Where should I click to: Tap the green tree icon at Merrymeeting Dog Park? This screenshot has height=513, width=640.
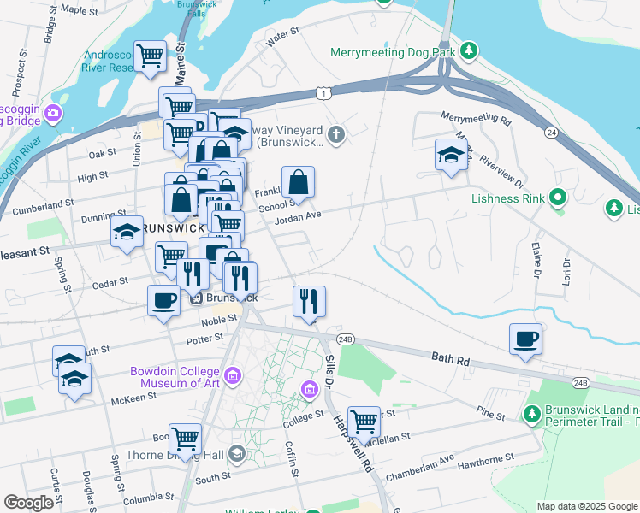coord(468,51)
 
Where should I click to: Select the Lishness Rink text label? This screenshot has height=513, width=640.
coord(508,199)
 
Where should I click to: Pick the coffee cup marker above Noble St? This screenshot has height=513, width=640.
coord(163,300)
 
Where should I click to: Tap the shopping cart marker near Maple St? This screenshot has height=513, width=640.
coord(150,56)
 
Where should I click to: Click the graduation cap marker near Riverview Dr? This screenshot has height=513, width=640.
coord(450,155)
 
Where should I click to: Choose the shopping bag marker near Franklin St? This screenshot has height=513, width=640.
coord(298,182)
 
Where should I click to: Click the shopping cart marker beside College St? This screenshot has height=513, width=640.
coord(364,421)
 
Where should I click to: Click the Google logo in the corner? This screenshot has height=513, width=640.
coord(29,503)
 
